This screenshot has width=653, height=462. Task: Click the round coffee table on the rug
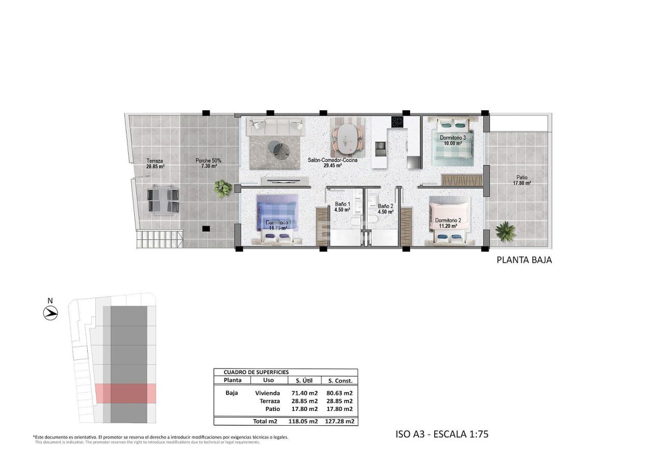coord(281,149)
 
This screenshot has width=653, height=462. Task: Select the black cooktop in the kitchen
coord(397,122)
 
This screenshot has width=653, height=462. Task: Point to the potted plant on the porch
coord(222,188)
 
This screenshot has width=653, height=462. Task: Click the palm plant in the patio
coord(505,231)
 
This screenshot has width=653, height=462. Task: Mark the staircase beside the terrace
coord(159,238)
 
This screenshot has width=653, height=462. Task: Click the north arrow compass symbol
coord(51,312)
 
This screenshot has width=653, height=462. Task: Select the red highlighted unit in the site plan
coord(125,393)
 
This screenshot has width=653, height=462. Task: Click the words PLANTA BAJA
coord(524,260)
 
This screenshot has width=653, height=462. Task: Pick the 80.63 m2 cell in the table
coord(340,393)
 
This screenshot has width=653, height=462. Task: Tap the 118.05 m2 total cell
coord(304,422)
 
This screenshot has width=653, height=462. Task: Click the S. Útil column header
coord(304,380)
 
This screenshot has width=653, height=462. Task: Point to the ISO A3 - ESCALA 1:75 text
coord(442,434)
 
